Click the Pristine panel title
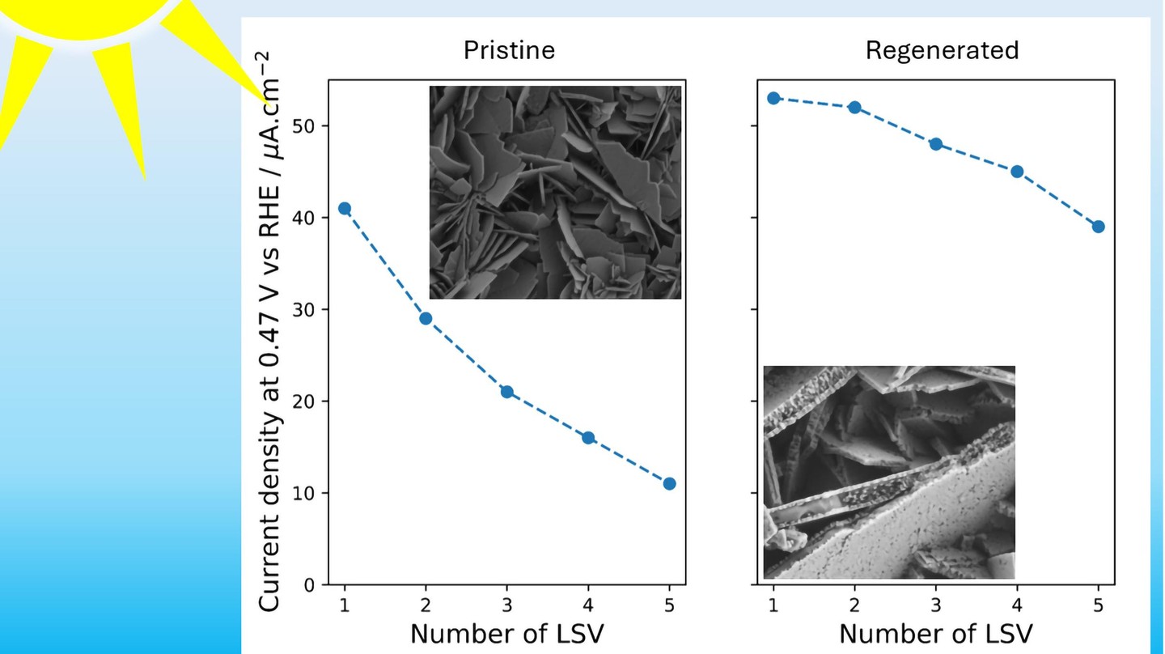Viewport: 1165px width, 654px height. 509,50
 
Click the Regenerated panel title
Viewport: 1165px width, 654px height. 942,50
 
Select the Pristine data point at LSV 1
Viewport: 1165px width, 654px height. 345,208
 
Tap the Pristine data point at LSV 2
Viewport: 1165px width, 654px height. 426,318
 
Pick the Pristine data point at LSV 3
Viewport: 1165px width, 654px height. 507,392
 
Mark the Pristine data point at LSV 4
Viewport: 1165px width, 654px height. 588,438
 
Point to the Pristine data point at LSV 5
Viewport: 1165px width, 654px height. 669,484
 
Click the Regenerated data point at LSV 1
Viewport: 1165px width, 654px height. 773,98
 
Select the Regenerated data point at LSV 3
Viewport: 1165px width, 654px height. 936,144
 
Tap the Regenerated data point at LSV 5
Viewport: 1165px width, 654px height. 1098,227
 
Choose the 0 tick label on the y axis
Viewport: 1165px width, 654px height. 314,585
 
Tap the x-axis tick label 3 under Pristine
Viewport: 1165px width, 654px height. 507,604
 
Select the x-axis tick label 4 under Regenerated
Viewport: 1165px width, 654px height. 1017,604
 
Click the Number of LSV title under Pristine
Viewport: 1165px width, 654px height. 507,633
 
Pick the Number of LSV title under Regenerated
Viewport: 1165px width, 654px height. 936,633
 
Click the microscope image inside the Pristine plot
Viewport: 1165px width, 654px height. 555,193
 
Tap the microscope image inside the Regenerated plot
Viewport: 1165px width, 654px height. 889,472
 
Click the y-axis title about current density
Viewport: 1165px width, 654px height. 271,332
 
